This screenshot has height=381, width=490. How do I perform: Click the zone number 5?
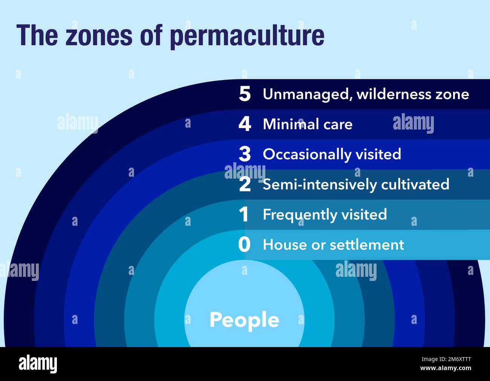pos(245,94)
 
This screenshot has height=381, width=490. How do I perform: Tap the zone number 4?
pos(245,124)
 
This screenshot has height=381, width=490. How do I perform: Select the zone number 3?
pos(245,154)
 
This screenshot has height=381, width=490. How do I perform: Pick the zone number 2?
pos(245,184)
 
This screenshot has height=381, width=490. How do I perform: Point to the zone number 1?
pos(244,214)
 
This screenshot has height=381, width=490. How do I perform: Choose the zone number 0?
pos(244,245)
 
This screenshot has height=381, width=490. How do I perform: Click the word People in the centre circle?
pos(244,320)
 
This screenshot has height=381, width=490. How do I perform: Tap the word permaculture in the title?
pos(247,36)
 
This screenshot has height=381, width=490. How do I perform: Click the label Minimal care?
pos(308,124)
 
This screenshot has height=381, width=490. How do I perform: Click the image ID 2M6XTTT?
pos(451,360)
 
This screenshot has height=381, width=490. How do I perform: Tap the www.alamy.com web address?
pos(446,368)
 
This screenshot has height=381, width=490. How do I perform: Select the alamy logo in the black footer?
pos(38,364)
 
